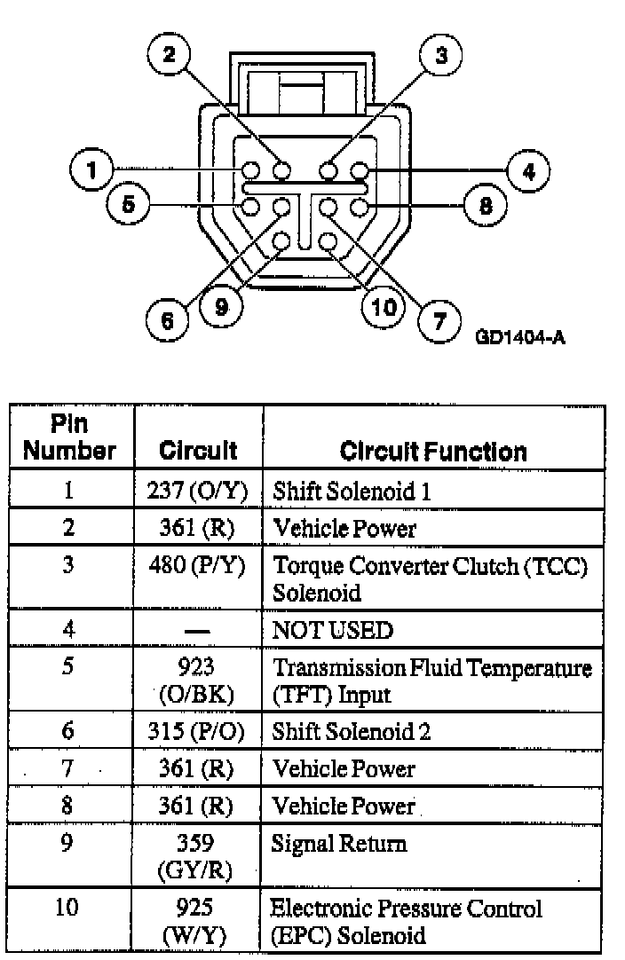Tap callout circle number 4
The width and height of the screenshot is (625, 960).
click(x=529, y=170)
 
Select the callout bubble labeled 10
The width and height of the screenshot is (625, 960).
click(x=384, y=307)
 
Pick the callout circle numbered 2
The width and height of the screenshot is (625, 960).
click(x=166, y=56)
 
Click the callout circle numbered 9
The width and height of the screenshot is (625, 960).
click(x=220, y=307)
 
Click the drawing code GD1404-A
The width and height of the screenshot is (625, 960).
click(x=521, y=337)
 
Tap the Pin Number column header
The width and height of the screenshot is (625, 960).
click(x=70, y=438)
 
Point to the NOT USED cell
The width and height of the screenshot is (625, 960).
click(x=332, y=630)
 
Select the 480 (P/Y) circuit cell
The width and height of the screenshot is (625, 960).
click(x=198, y=565)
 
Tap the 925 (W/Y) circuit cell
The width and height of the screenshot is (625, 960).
click(x=198, y=922)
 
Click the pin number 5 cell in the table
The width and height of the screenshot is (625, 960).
click(x=69, y=666)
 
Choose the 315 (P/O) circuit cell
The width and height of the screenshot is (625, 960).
click(x=198, y=732)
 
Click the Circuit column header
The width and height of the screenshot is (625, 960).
click(x=198, y=451)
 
